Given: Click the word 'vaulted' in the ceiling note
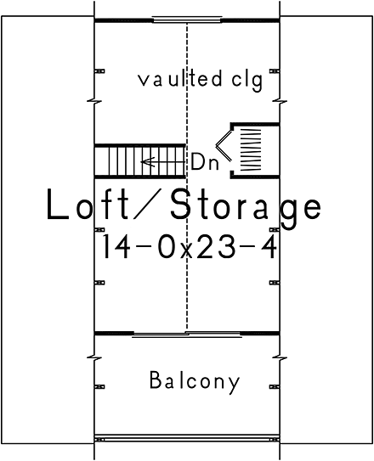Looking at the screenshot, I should [174, 82].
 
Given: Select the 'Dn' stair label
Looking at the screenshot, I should [204, 161].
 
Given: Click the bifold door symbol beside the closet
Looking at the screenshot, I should [223, 149].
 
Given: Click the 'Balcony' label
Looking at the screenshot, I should [194, 380].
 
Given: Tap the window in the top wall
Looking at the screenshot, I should [186, 19].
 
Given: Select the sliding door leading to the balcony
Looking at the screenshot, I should [186, 334].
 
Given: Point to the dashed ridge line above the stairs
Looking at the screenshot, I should [186, 85].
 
